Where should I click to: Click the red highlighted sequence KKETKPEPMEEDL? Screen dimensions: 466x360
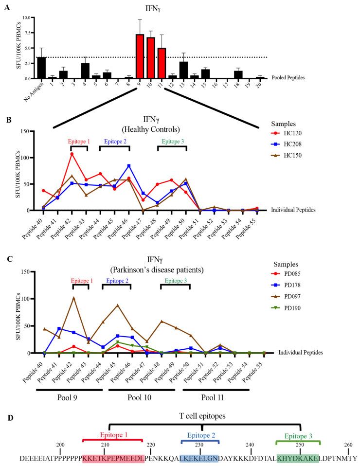(x=113, y=458)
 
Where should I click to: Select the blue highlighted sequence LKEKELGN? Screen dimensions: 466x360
(x=199, y=458)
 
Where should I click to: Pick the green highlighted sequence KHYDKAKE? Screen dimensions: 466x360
(x=297, y=458)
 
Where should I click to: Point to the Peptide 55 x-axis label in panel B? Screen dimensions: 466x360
(x=252, y=226)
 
